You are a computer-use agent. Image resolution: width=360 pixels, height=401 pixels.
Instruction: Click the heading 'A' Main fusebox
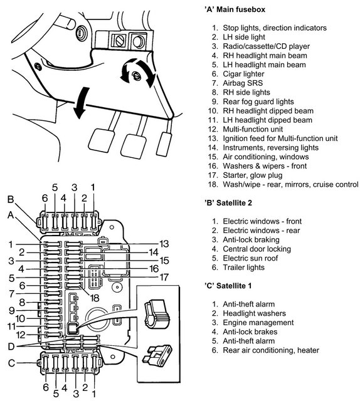tap(235, 10)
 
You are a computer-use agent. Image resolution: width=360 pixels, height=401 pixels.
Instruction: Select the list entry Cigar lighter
tap(243, 74)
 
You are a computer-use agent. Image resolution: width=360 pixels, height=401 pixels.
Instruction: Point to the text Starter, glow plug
tap(253, 175)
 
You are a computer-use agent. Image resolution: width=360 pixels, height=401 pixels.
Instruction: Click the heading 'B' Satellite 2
tap(228, 203)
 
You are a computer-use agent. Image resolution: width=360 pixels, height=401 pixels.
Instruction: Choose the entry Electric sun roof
tap(250, 258)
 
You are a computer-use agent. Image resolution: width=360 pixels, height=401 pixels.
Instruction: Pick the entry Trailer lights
tap(243, 268)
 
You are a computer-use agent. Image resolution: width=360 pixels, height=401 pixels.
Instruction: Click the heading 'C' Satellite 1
tap(228, 286)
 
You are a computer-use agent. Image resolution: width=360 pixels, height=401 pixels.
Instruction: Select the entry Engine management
tap(258, 323)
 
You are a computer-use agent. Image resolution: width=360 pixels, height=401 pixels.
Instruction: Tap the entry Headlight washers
tap(254, 313)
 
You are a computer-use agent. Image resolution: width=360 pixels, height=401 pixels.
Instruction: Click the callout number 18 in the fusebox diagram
tap(95, 298)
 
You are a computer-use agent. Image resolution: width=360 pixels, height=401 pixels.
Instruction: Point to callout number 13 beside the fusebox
tap(164, 244)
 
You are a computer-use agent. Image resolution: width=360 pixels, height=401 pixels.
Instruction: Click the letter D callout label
tap(11, 346)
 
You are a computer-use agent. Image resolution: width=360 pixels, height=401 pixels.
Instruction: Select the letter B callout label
tap(11, 199)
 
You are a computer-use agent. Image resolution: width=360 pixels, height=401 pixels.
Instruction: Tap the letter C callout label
tap(11, 363)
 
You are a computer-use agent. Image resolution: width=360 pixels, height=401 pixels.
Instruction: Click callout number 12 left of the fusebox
tap(21, 335)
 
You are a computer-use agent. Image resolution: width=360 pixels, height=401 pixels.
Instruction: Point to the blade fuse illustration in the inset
tap(158, 355)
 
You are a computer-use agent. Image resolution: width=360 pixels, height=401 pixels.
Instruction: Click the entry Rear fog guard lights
tap(258, 102)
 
